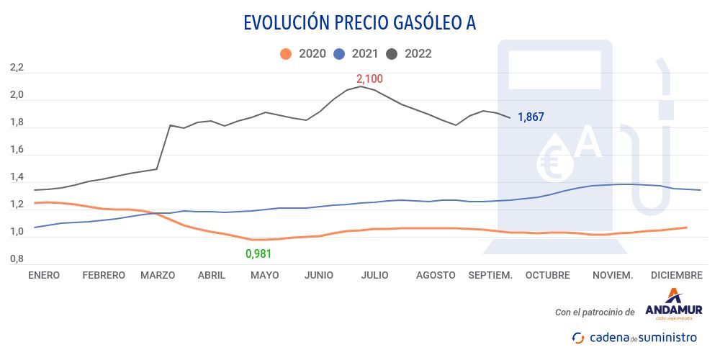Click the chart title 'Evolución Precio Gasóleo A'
click(359, 22)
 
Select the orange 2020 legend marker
click(286, 53)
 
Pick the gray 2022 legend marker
click(392, 53)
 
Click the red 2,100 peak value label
click(369, 79)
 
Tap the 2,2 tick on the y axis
click(17, 68)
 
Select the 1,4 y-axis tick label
click(17, 177)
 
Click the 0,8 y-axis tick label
click(17, 258)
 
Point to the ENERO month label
click(44, 275)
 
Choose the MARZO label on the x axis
click(158, 275)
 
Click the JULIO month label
click(374, 275)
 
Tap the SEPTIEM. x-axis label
click(490, 275)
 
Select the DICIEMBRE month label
click(676, 275)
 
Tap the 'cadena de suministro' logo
click(634, 337)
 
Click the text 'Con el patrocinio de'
click(595, 312)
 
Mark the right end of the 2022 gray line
click(510, 118)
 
